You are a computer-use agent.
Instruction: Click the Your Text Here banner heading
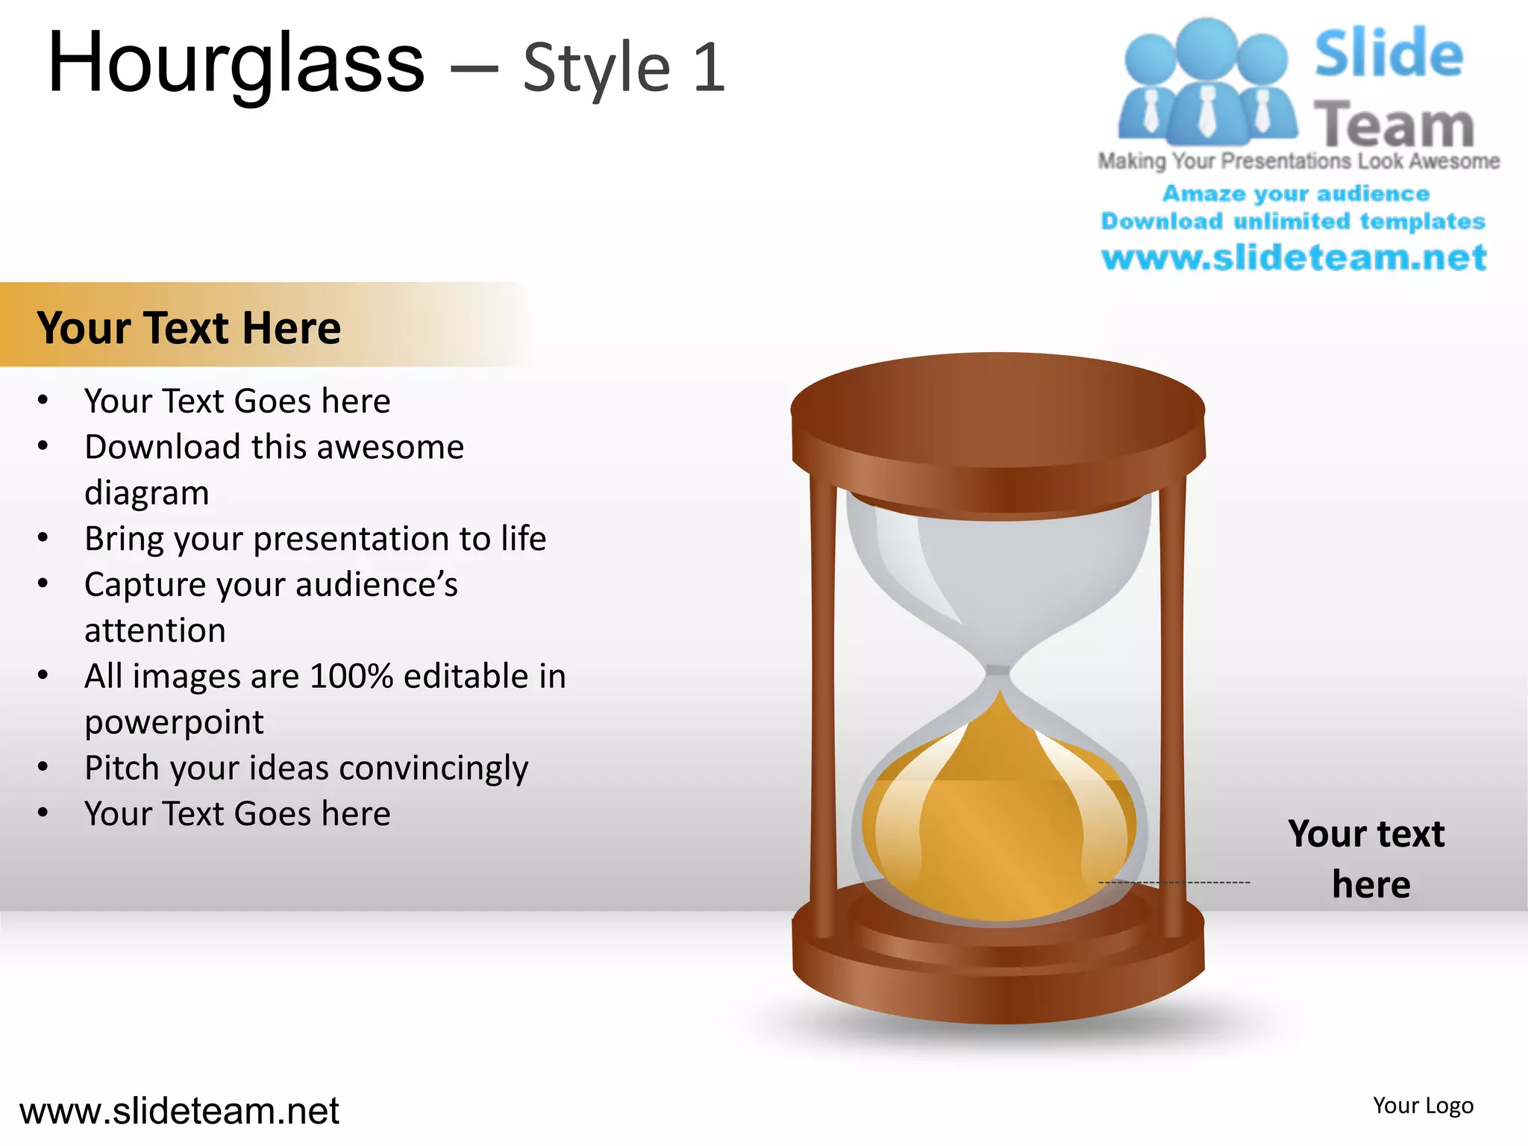pos(189,328)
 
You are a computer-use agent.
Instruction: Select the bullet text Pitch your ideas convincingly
pos(306,768)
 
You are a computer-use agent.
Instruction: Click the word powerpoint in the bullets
pos(174,722)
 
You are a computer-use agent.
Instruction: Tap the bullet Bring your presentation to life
pos(315,539)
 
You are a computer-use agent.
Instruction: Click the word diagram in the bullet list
pos(146,493)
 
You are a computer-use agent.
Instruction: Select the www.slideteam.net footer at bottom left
pos(179,1111)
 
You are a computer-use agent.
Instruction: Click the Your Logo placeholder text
pos(1423,1106)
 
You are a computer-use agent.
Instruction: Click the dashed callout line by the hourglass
pos(1216,883)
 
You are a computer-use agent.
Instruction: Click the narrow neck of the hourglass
pos(999,675)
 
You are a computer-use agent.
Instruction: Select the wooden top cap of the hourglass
pos(998,418)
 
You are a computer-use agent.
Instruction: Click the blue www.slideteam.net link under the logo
pos(1294,258)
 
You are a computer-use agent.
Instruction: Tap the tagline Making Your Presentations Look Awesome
pos(1298,161)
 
